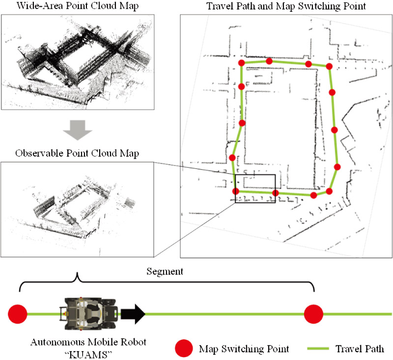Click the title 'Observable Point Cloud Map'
(x=77, y=153)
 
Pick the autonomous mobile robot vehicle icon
(x=88, y=312)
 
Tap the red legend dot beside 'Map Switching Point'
(x=184, y=349)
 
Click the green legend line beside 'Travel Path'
(x=319, y=349)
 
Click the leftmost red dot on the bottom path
(x=18, y=313)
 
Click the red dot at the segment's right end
(x=313, y=313)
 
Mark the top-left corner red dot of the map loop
(x=241, y=63)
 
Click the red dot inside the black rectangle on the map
(x=236, y=192)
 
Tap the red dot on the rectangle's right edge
(x=275, y=193)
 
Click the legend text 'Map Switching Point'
(x=244, y=349)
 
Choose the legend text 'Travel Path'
(x=360, y=349)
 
